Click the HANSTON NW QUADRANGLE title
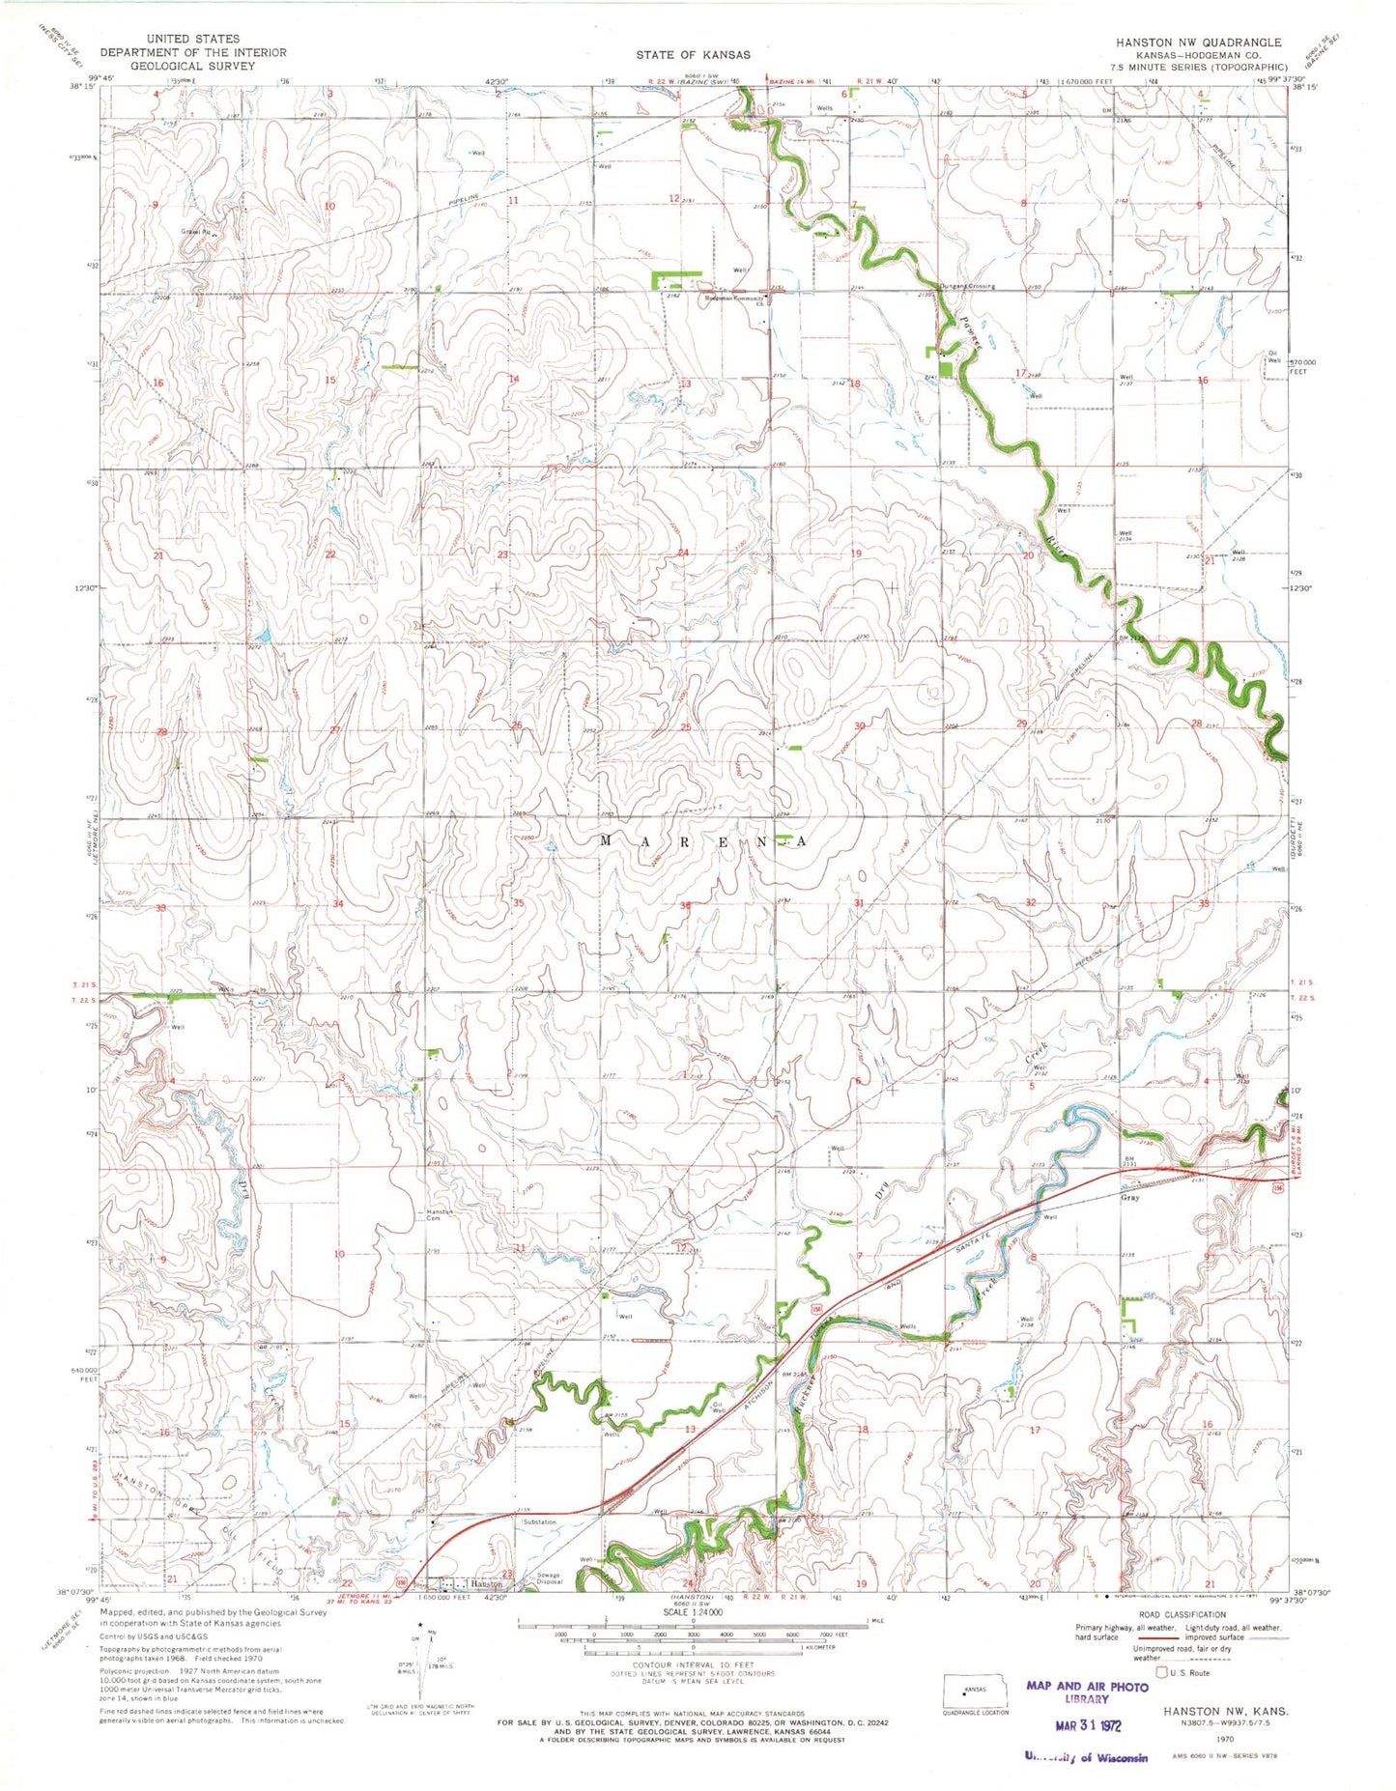pyautogui.click(x=1198, y=43)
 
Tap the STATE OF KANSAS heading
pyautogui.click(x=693, y=54)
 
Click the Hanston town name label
pyautogui.click(x=486, y=1585)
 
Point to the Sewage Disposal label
pyautogui.click(x=548, y=1579)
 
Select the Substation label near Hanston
pyautogui.click(x=540, y=1522)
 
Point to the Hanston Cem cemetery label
pyautogui.click(x=440, y=1215)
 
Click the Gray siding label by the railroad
pyautogui.click(x=1129, y=1198)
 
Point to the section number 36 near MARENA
pyautogui.click(x=685, y=905)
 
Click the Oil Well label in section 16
pyautogui.click(x=1273, y=356)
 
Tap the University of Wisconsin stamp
pyautogui.click(x=1086, y=1757)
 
